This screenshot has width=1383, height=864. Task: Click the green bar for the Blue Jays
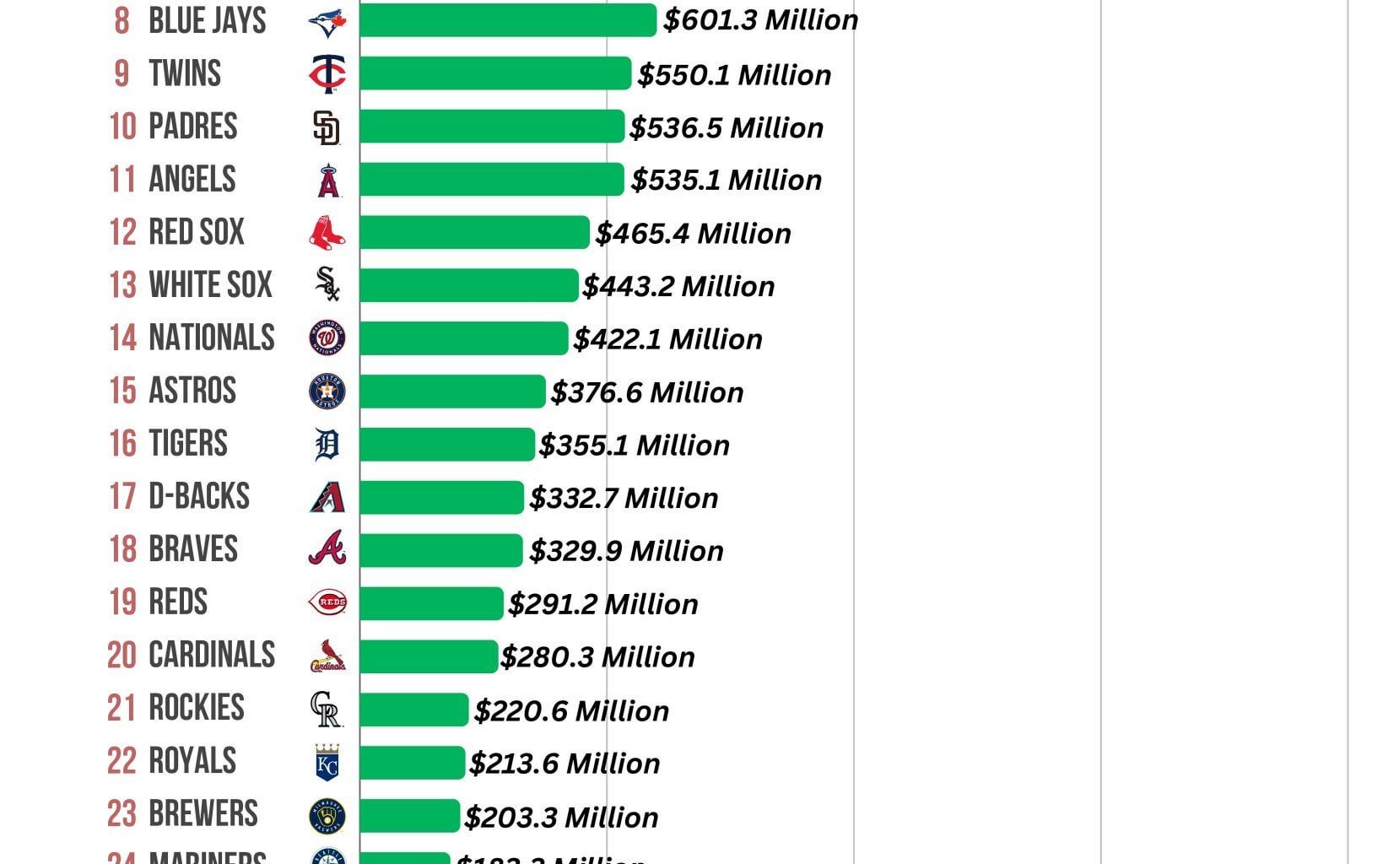[x=507, y=21]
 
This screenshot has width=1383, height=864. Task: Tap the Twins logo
[x=327, y=74]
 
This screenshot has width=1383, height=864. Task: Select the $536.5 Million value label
[x=726, y=128]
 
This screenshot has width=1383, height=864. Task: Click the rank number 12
[x=123, y=233]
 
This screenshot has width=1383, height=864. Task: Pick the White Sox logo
[x=327, y=285]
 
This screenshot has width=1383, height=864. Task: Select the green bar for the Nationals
[x=463, y=338]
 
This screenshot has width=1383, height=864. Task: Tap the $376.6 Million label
[x=646, y=392]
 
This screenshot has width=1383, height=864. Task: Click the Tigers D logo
[x=327, y=445]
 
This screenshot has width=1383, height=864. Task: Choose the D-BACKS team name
[x=199, y=497]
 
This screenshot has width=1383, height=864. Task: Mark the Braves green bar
[x=440, y=550]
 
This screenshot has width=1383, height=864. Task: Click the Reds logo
[x=327, y=603]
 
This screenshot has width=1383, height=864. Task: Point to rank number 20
[x=122, y=656]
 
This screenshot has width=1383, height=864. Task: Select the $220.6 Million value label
[x=571, y=710]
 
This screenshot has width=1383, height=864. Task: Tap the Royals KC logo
[x=327, y=763]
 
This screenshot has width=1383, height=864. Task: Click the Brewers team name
[x=203, y=814]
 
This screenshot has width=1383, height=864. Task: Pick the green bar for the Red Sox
[x=474, y=233]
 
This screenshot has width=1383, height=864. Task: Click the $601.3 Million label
[x=760, y=20]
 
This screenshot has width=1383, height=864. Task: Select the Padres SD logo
[x=327, y=128]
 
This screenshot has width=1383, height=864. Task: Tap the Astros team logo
[x=327, y=391]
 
